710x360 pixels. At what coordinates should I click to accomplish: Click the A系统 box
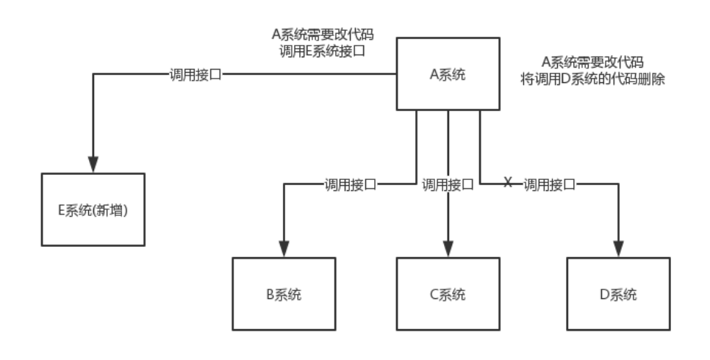pos(448,74)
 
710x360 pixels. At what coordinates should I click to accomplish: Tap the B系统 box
pos(284,295)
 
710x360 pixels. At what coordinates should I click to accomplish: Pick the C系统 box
pos(448,295)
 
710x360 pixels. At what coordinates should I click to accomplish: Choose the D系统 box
pos(618,295)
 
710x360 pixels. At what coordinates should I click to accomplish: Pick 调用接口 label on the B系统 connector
pos(350,184)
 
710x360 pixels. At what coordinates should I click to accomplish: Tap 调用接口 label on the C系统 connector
pos(448,184)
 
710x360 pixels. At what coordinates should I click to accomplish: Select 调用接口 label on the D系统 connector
pos(549,184)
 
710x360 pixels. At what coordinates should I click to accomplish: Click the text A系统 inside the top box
pos(448,74)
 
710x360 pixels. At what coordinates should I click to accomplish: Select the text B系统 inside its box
pos(284,295)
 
